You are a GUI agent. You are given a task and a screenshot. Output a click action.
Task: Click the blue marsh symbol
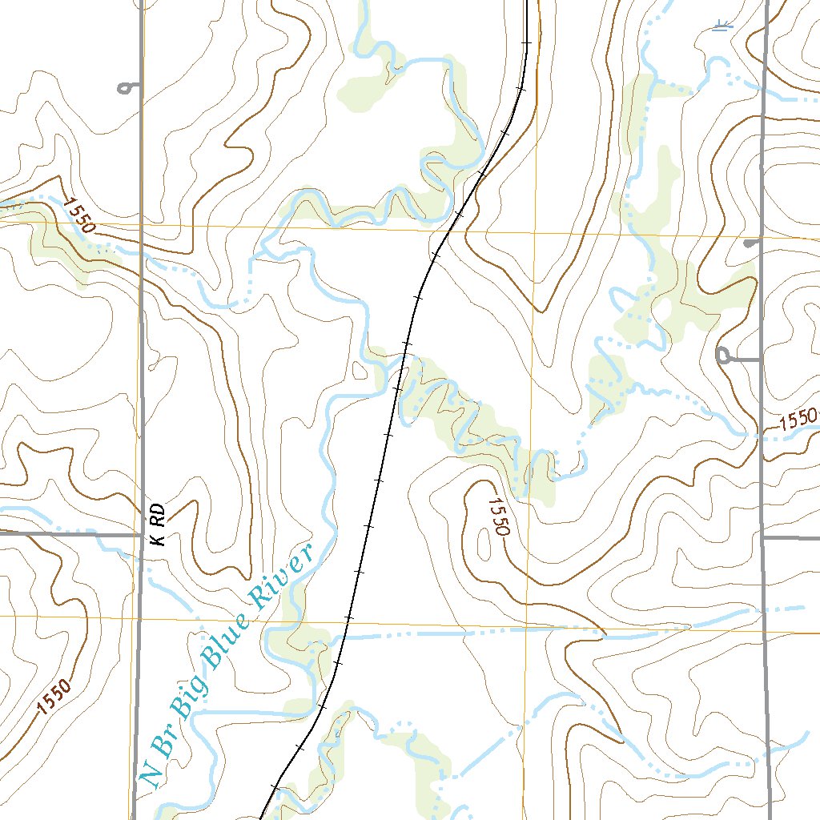[722, 26]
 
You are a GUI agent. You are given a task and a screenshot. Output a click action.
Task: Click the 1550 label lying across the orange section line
[78, 215]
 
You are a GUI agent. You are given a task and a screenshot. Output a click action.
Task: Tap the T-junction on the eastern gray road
[762, 538]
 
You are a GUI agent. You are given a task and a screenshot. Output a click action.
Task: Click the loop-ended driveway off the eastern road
[726, 356]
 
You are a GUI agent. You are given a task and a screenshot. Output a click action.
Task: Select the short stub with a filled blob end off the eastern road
[750, 243]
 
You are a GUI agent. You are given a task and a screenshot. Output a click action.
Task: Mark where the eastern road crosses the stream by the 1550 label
[761, 435]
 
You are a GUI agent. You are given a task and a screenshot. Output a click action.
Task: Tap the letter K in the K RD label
[159, 538]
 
